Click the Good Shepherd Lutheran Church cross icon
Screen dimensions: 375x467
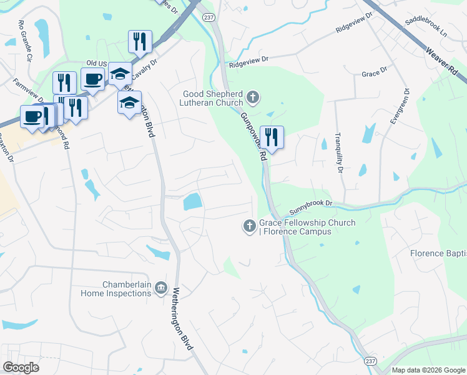click(252, 97)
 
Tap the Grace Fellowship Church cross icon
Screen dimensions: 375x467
click(249, 226)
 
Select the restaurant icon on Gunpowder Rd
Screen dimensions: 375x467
click(272, 136)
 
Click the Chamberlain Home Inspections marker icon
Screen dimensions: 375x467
click(161, 287)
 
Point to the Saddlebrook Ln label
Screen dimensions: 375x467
click(426, 25)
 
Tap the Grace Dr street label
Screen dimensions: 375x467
click(374, 74)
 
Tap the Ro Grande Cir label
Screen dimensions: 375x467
click(25, 41)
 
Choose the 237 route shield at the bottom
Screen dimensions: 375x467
click(370, 362)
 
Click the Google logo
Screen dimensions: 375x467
click(21, 367)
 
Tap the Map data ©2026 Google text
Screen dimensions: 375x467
click(428, 370)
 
